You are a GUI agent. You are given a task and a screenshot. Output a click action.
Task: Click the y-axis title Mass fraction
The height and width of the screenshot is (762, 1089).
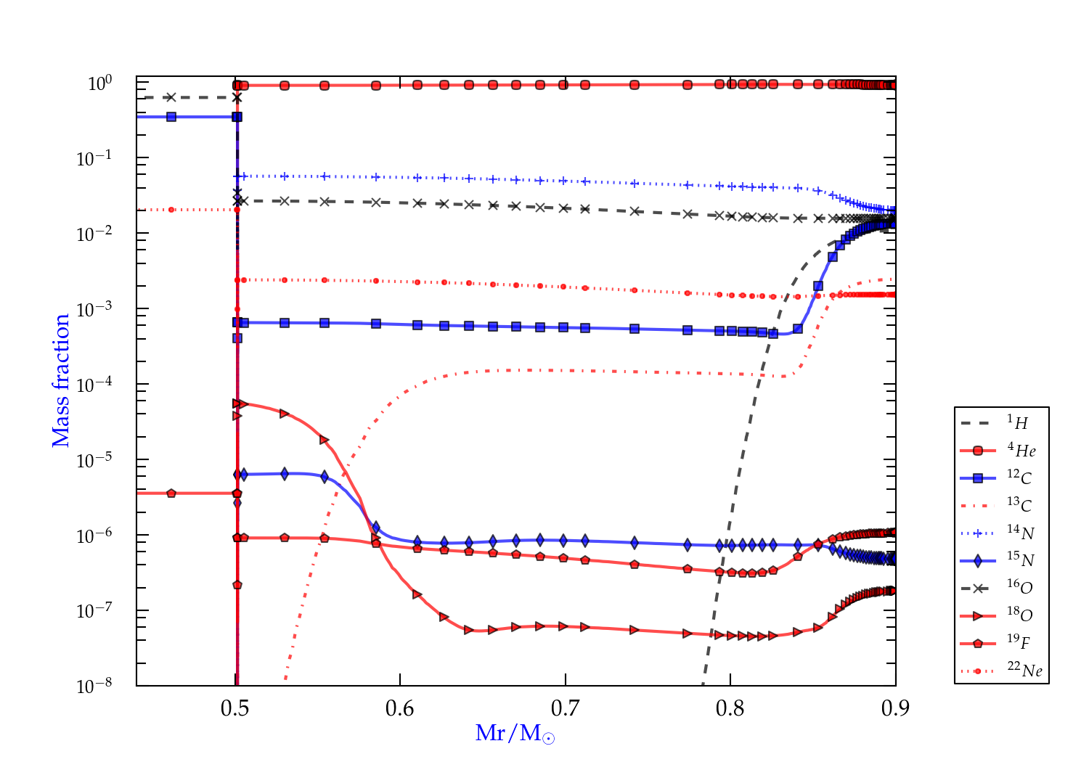click(60, 381)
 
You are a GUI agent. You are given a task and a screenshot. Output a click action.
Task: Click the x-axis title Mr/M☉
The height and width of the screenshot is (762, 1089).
click(515, 734)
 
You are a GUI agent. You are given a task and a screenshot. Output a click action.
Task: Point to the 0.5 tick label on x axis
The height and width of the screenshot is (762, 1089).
click(235, 708)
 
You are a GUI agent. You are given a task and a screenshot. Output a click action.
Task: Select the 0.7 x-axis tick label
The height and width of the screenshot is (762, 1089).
click(565, 708)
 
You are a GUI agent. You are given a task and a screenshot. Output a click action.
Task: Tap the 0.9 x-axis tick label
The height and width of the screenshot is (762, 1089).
click(895, 708)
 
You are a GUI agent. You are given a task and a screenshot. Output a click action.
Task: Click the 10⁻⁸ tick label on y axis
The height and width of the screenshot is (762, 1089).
click(94, 685)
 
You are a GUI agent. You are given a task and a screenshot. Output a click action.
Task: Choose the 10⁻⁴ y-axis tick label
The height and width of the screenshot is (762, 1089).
click(94, 384)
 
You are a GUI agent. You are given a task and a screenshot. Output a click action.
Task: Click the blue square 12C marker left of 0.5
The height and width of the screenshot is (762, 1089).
click(171, 117)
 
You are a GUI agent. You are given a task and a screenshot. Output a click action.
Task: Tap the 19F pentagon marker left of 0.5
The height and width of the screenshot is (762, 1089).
click(171, 493)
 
